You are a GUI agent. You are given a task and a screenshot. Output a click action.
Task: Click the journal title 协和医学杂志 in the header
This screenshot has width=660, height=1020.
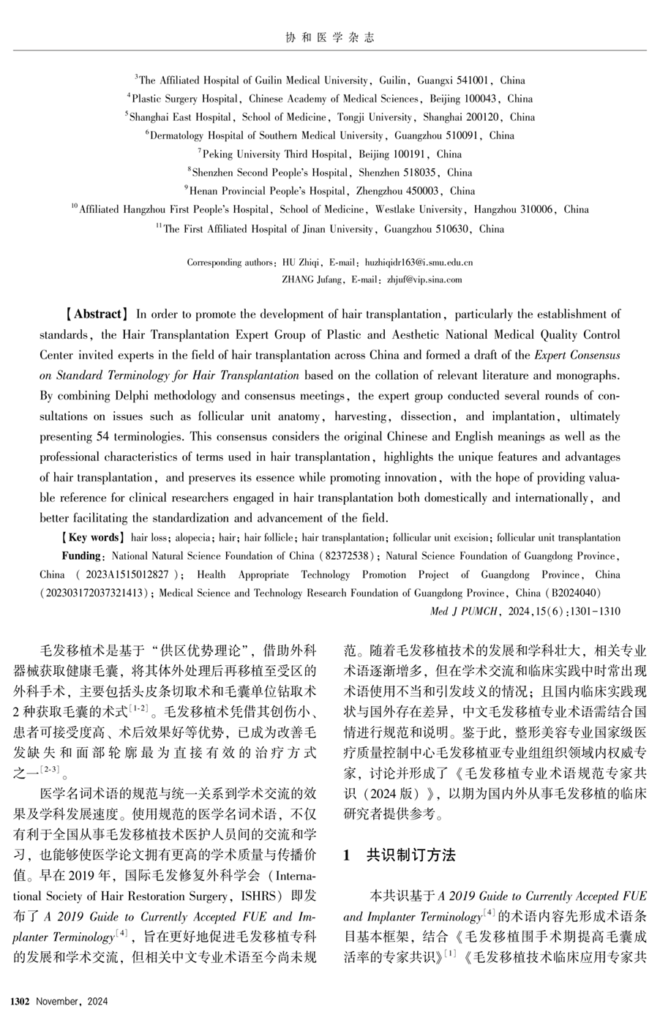(329, 37)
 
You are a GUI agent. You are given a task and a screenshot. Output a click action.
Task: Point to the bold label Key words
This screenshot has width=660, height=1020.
(94, 538)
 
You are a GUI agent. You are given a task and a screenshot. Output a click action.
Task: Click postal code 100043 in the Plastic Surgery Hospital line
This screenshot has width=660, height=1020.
(479, 99)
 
